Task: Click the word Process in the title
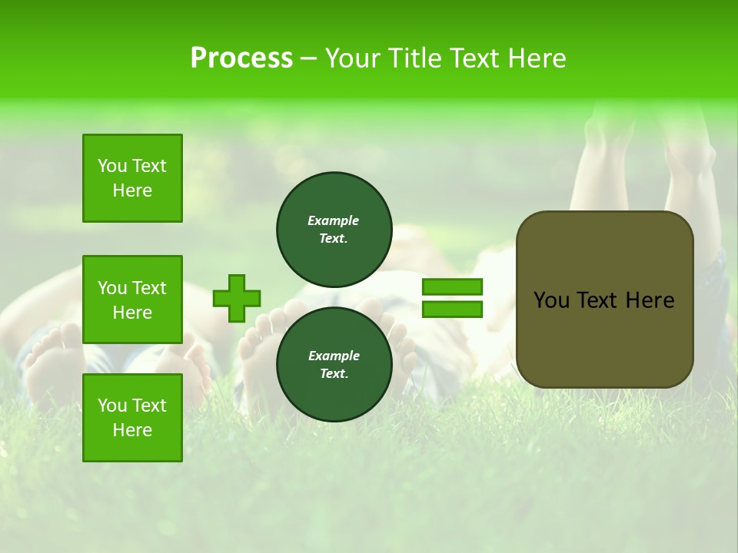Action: point(241,58)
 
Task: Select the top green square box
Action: point(132,178)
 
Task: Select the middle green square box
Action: point(132,300)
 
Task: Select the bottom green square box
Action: point(132,418)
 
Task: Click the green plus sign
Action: point(237,298)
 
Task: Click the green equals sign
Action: point(452,298)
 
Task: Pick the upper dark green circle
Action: point(334,230)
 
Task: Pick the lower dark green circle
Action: point(334,365)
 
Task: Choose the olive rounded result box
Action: point(604,300)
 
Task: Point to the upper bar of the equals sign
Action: point(452,286)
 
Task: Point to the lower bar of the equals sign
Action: point(452,309)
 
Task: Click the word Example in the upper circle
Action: point(334,220)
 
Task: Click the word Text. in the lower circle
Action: point(334,374)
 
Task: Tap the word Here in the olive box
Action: point(650,300)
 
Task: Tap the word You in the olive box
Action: point(550,300)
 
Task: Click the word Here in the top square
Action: point(132,190)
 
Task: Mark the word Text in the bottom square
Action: point(148,406)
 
